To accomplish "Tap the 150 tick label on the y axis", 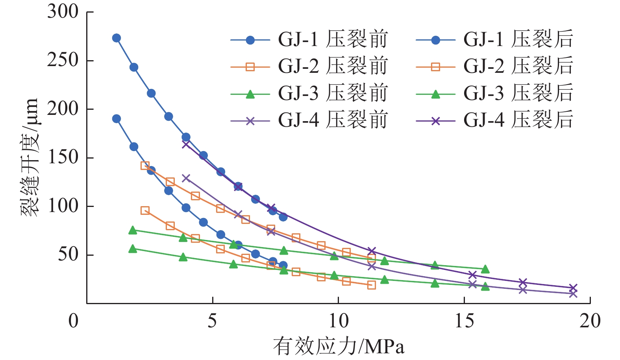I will pyautogui.click(x=63, y=157).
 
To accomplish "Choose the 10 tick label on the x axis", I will pyautogui.click(x=338, y=321).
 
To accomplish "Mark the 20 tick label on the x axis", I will pyautogui.click(x=590, y=321).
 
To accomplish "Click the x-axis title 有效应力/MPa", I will pyautogui.click(x=339, y=346).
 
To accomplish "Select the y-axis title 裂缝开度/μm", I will pyautogui.click(x=30, y=157).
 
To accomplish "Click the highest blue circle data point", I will pyautogui.click(x=117, y=38).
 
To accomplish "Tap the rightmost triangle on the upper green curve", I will pyautogui.click(x=485, y=269).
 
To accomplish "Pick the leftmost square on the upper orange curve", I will pyautogui.click(x=145, y=166).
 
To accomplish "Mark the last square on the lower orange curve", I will pyautogui.click(x=371, y=285).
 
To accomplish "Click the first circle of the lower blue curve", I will pyautogui.click(x=117, y=119).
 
